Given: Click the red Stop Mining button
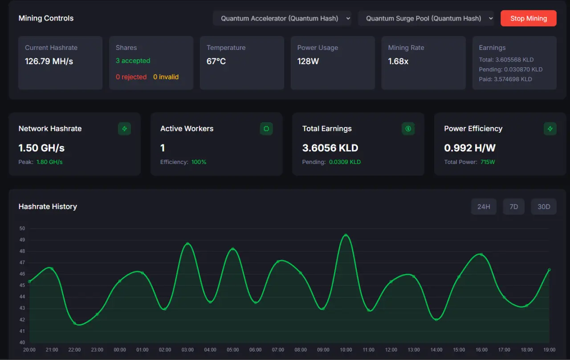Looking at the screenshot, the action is tap(528, 18).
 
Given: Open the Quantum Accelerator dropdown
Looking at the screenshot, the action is tap(282, 18).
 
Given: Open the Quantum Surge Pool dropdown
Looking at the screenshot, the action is tap(426, 18).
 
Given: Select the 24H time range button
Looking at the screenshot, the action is tap(484, 206).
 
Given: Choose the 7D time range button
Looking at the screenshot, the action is tap(513, 206).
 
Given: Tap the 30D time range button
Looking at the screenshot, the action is tap(544, 206).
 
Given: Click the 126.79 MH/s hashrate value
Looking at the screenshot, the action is tap(49, 61).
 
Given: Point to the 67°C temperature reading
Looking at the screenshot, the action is tap(216, 61).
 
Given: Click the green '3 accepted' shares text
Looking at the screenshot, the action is tap(133, 61).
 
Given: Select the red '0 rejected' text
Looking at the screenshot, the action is tap(131, 77).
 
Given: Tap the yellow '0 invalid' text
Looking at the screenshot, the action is tap(166, 77).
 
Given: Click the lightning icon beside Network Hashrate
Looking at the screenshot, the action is tap(124, 129).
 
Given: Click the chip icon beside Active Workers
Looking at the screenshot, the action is tap(266, 129).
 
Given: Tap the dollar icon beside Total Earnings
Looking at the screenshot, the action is tap(408, 129).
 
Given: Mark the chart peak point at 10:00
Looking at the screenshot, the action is tap(346, 235).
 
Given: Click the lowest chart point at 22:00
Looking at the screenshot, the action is tap(74, 323).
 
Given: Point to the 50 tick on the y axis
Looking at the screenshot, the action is tap(22, 229).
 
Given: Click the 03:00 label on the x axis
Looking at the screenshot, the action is tap(187, 350).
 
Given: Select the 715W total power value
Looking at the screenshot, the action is tap(488, 162).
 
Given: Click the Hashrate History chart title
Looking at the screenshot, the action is tap(48, 206).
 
